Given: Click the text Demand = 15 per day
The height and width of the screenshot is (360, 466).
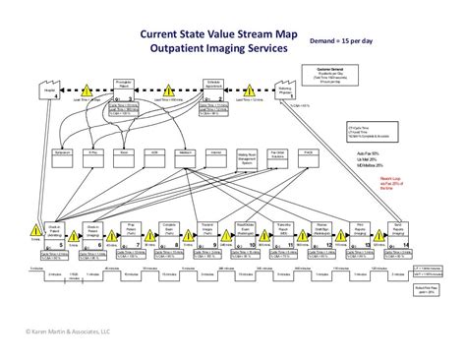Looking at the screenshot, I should pos(342,41).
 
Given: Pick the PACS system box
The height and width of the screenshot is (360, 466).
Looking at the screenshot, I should pos(310,153).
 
